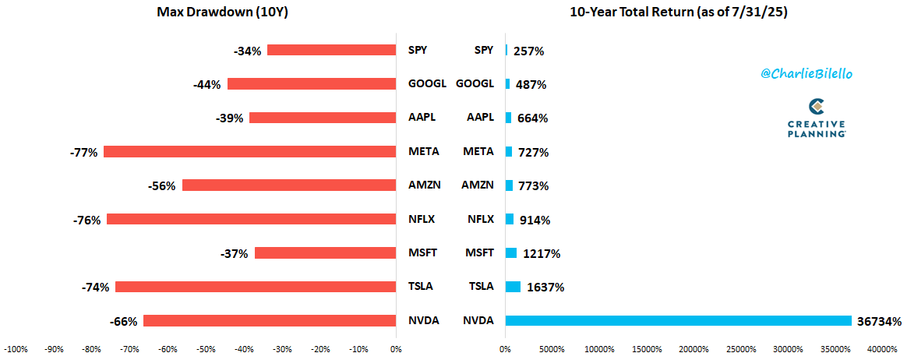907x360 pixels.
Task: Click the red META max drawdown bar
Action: pos(249,152)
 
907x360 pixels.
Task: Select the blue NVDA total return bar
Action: pos(678,321)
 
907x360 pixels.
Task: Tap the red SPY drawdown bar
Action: pos(331,51)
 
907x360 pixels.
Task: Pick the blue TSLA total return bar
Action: pos(513,287)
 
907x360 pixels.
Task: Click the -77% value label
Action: pos(83,153)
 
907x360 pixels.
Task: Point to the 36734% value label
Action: pos(878,321)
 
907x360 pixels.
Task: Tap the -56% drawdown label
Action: pos(161,186)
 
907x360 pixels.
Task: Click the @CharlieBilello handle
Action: pos(805,72)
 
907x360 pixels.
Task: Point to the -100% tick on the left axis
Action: pos(16,348)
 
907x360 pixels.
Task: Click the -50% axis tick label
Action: pos(206,348)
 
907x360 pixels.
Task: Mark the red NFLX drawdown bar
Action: pos(251,220)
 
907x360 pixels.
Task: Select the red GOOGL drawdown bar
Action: pos(312,84)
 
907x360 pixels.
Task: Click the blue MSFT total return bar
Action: pos(511,253)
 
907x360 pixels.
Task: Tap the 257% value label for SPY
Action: pos(528,51)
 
